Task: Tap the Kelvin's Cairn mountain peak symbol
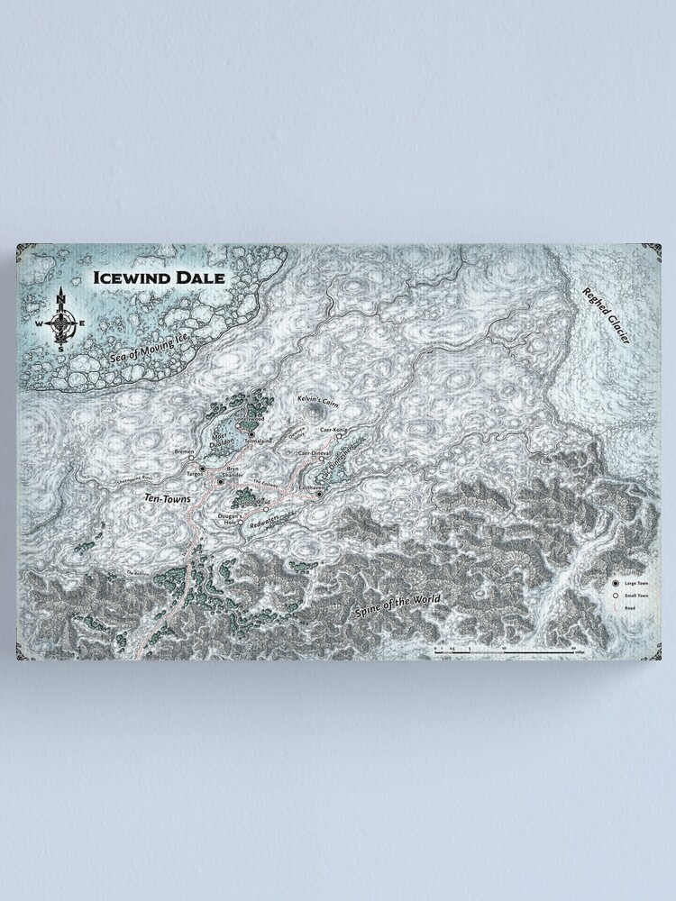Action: [315, 411]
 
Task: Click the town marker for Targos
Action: [203, 469]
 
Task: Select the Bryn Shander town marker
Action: [220, 482]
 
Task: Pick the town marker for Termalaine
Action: [252, 434]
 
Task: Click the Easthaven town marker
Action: [319, 493]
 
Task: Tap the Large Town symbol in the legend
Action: [616, 584]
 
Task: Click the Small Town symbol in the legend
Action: [616, 596]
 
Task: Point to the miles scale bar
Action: [505, 649]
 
